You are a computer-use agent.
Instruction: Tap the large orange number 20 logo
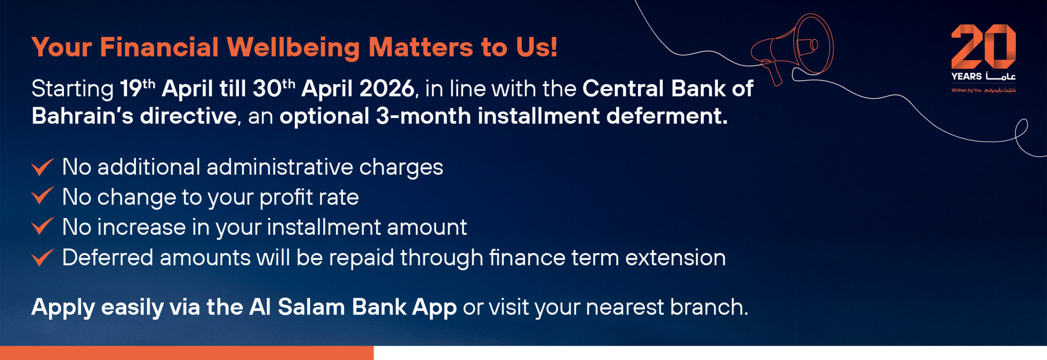983,47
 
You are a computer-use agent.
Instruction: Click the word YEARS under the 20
966,76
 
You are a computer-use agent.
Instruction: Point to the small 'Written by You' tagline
966,90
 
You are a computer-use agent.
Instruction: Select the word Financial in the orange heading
159,47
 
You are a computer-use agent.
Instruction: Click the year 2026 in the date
386,89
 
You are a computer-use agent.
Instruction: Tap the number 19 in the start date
131,89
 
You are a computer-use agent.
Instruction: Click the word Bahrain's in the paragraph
83,116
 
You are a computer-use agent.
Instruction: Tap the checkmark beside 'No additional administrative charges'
43,167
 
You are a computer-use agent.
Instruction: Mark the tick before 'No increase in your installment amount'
43,226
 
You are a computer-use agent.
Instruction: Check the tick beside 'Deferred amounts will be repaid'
43,258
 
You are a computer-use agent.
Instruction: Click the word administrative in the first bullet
280,167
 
